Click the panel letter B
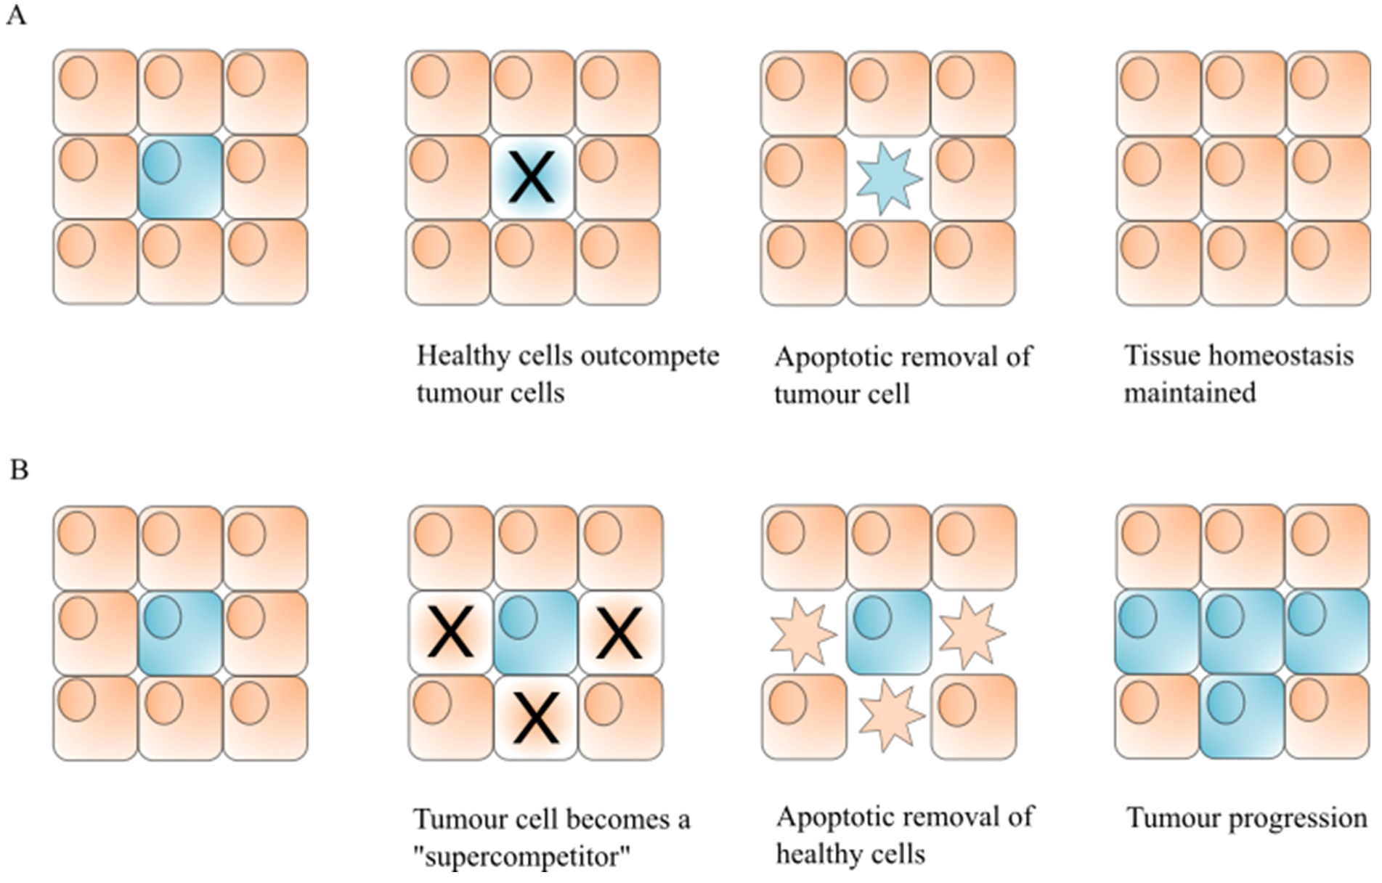click(x=19, y=470)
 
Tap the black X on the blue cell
click(x=532, y=177)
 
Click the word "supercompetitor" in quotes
click(x=521, y=857)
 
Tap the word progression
click(x=1298, y=818)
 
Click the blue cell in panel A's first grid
click(x=180, y=177)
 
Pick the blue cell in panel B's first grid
click(x=180, y=633)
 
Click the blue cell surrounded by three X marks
click(x=536, y=632)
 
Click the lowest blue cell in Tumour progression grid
click(x=1242, y=717)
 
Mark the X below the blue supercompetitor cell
click(x=536, y=717)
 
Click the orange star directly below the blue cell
click(x=890, y=716)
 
